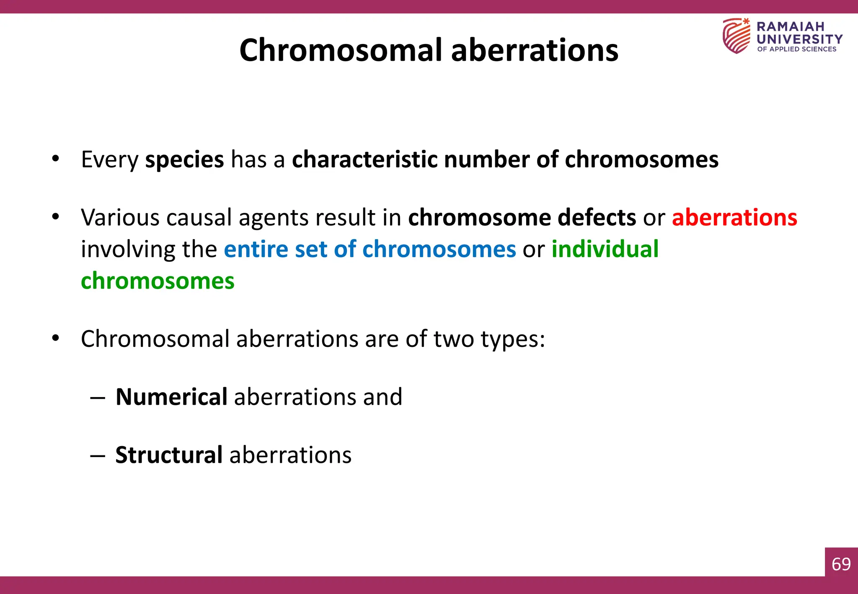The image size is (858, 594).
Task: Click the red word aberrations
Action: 734,218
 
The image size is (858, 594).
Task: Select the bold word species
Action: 184,160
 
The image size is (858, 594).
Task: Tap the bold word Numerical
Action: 171,397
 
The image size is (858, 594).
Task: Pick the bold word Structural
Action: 169,455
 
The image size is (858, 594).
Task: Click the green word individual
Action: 605,249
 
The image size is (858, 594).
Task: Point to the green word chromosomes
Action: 158,281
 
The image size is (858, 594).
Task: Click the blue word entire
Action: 256,249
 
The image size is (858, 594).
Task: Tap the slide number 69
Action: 841,564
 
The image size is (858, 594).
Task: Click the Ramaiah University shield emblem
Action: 736,36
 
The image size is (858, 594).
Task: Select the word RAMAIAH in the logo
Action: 790,27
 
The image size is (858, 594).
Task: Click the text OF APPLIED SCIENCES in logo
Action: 796,49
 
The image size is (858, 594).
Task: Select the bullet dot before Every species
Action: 55,159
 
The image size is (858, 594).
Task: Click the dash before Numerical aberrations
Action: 97,398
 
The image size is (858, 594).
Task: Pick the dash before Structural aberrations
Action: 97,456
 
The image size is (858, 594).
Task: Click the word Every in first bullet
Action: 109,160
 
